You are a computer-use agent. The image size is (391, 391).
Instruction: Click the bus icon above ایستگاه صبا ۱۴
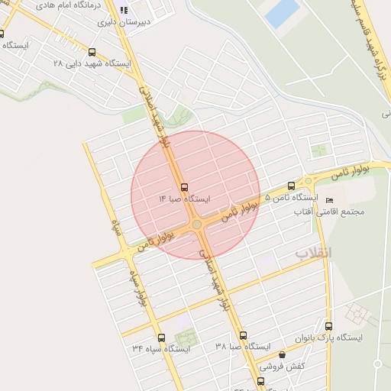[184, 187]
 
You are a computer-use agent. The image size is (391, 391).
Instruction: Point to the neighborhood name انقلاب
[313, 252]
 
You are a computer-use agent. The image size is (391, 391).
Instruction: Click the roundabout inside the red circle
[196, 225]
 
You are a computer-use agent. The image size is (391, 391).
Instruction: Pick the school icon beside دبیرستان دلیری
[124, 11]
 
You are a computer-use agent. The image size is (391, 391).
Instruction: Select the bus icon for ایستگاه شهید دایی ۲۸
[92, 53]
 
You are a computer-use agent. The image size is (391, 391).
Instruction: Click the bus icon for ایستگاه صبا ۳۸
[243, 335]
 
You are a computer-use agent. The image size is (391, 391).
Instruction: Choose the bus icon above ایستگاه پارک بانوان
[328, 325]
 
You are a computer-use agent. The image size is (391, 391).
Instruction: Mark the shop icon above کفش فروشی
[282, 355]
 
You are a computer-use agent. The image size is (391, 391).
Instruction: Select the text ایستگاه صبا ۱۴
[184, 199]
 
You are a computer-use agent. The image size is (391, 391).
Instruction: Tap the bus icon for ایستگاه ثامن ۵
[291, 186]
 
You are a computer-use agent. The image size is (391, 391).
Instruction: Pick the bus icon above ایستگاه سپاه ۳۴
[160, 338]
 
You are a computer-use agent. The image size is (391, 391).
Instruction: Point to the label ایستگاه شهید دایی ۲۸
[92, 64]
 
